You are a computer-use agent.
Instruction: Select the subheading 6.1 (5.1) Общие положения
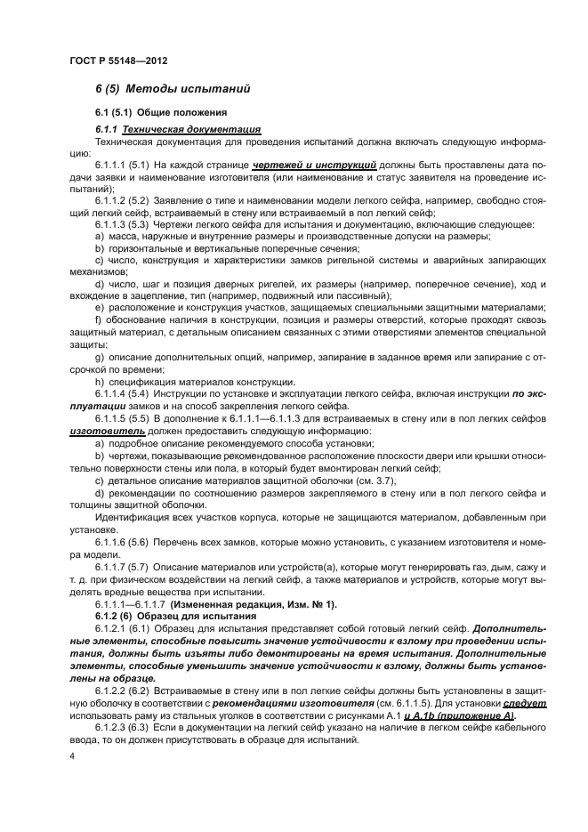coord(156,113)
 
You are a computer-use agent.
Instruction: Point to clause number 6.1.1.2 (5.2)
coord(125,200)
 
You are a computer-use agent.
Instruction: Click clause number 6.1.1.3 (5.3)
coord(125,224)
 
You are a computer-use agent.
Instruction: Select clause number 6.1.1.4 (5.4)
coord(125,392)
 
